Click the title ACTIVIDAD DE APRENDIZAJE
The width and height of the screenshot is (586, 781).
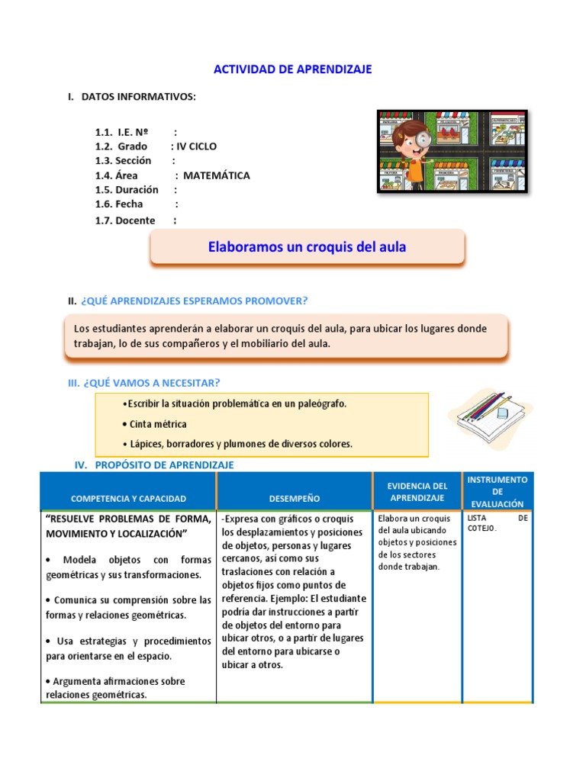(x=292, y=69)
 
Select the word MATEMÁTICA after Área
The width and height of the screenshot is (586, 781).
(x=217, y=175)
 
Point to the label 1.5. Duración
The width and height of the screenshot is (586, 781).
(x=127, y=190)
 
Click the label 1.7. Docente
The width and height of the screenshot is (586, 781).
(x=125, y=220)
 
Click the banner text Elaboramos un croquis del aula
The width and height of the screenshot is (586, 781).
(x=307, y=247)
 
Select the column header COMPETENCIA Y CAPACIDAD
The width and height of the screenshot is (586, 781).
(x=128, y=499)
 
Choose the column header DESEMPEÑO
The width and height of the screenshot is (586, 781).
(x=295, y=499)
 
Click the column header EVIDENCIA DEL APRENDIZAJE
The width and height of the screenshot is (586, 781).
(x=417, y=492)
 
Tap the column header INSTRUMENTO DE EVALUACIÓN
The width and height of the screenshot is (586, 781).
(x=497, y=492)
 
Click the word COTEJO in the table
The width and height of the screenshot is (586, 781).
(x=481, y=529)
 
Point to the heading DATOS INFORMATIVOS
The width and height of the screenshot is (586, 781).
(x=138, y=97)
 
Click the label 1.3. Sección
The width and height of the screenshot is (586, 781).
(x=124, y=161)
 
